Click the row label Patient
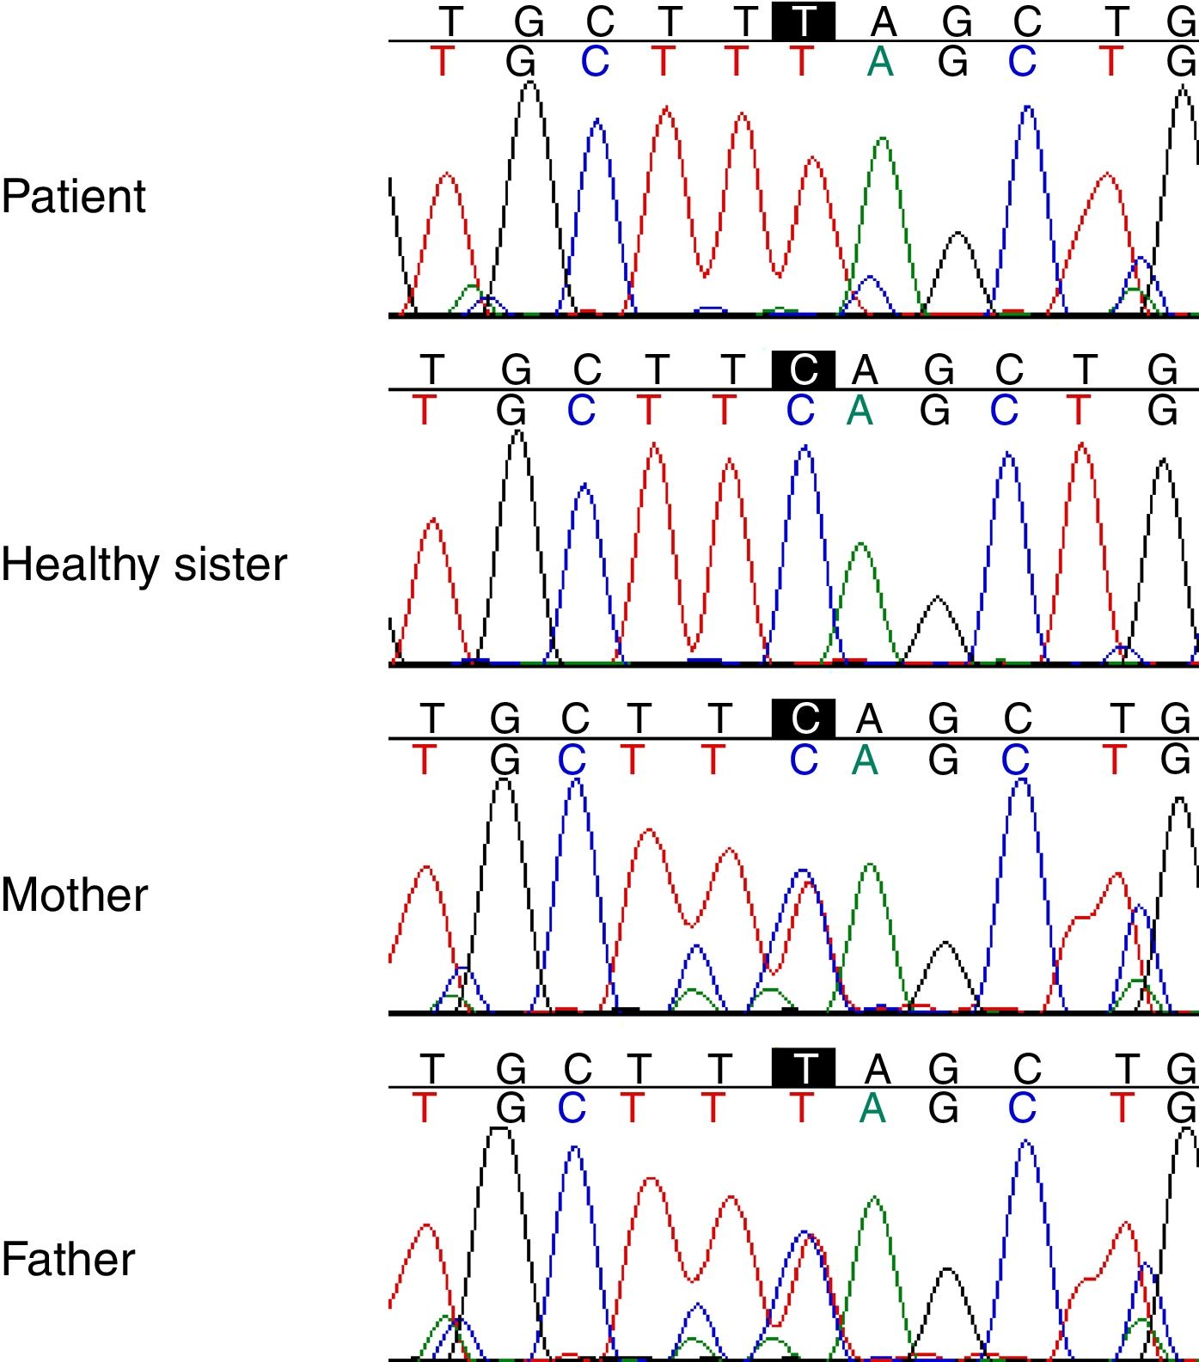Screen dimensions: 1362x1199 74,197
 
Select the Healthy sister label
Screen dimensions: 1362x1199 144,565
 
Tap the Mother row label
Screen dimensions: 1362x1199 75,895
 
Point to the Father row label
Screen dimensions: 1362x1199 69,1260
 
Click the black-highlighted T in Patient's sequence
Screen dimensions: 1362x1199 803,21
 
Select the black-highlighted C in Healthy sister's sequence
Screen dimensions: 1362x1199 803,370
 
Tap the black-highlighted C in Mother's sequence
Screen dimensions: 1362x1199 803,718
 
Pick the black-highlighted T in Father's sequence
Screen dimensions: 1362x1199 803,1068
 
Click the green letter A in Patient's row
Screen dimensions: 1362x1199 879,62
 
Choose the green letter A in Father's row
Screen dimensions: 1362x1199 872,1109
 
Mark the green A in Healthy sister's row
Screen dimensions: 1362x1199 859,411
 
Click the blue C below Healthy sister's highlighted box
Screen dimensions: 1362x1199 800,411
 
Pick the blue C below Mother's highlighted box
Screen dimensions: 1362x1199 804,760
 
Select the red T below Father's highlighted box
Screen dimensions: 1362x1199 801,1109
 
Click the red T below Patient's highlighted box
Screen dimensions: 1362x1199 801,62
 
